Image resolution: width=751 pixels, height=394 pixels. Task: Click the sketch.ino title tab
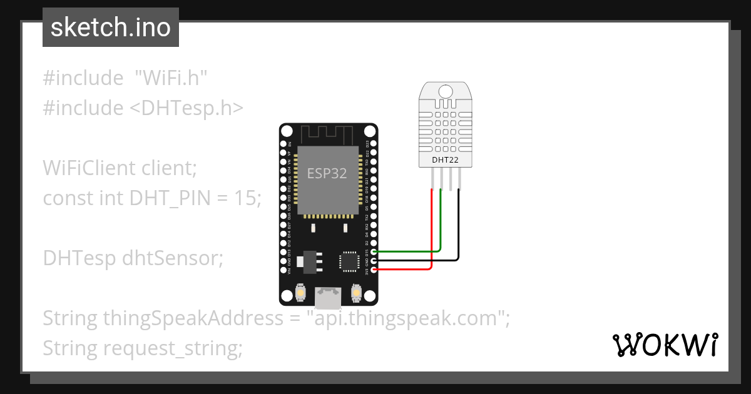[x=111, y=28]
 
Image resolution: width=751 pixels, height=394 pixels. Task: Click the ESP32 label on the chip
[x=327, y=173]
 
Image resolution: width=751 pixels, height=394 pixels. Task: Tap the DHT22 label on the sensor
[x=445, y=159]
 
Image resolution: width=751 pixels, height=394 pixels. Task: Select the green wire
[x=407, y=251]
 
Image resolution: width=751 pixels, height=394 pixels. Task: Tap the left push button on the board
[x=300, y=293]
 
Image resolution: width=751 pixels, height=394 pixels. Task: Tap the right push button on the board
[x=356, y=293]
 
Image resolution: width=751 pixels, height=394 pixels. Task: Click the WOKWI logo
[x=665, y=345]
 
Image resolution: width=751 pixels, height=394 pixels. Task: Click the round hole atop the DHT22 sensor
[x=446, y=91]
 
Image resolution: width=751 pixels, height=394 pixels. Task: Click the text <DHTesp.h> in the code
[x=186, y=108]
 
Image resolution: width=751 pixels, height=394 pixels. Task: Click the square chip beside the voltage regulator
[x=348, y=261]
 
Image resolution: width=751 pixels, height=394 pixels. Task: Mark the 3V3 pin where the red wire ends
[x=374, y=270]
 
